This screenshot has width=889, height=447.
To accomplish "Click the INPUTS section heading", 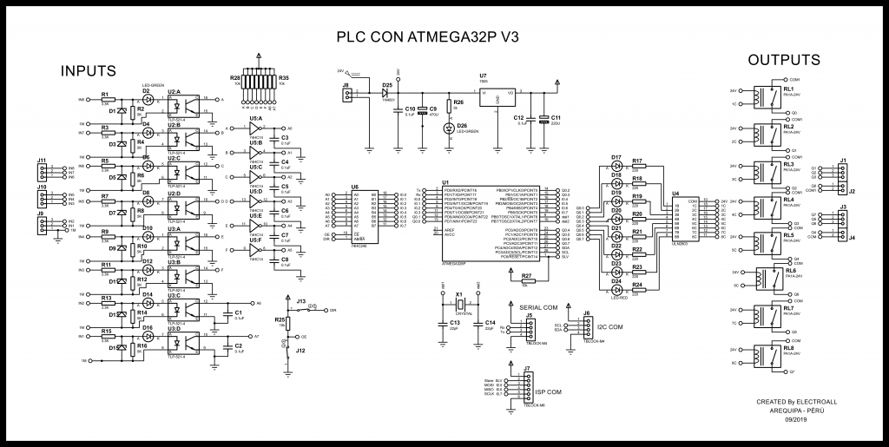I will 90,69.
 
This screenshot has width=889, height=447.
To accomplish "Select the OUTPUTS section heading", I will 784,60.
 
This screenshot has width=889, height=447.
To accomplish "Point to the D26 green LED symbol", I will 449,128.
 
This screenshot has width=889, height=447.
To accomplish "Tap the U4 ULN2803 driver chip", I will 690,220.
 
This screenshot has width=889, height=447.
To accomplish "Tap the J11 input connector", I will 43,172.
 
